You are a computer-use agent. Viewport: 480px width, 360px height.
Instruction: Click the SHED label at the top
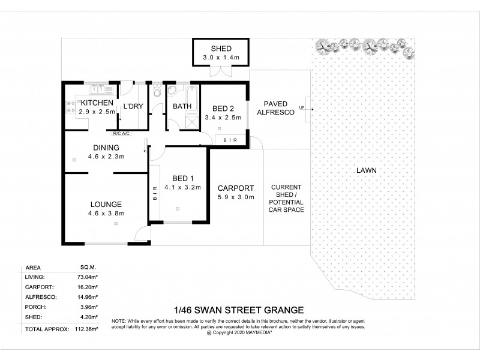pos(220,49)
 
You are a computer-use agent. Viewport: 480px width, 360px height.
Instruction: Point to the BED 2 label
pos(223,109)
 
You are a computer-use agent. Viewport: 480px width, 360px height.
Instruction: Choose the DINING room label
pos(106,148)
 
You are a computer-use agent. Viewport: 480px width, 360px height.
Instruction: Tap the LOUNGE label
pos(107,204)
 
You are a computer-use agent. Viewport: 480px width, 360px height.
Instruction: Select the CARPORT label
pos(236,188)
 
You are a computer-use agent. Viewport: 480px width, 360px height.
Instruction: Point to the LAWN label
pos(366,170)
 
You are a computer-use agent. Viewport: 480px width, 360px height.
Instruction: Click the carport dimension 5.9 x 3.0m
pos(236,197)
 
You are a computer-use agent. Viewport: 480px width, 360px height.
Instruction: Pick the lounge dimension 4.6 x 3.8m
pos(107,213)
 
